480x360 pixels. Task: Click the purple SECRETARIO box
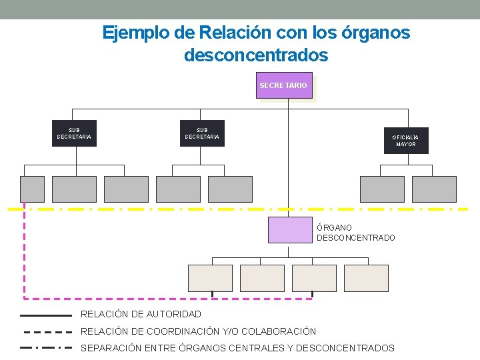coord(284,86)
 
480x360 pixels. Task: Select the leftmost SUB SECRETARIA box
coord(74,133)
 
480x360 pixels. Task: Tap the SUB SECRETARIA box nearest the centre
coord(202,133)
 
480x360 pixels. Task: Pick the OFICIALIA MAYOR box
coord(406,141)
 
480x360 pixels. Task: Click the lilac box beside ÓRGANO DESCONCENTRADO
coord(290,230)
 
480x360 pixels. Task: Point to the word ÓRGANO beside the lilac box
coord(335,228)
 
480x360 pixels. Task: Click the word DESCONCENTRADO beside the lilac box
coord(355,238)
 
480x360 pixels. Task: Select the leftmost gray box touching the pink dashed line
coord(32,189)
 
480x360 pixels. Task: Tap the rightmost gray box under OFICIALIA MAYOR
coord(434,189)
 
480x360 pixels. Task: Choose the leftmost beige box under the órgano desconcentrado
coord(210,278)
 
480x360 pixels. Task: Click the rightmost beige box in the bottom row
coord(366,278)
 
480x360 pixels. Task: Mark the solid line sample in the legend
coord(46,315)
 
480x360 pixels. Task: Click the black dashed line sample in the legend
coord(47,331)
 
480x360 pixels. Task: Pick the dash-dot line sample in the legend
coord(47,348)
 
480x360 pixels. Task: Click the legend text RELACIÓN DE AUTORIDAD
coord(141,314)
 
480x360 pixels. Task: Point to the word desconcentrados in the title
coord(256,55)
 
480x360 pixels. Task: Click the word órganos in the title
coord(377,32)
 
